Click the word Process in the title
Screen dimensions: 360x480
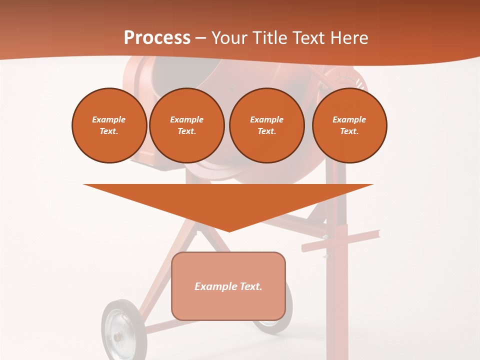pos(157,37)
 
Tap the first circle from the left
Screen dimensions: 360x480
pos(109,125)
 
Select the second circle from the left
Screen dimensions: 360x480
pos(186,125)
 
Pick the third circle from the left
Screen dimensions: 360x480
pos(266,125)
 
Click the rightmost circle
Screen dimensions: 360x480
pos(349,125)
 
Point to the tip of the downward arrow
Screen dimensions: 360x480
pos(229,230)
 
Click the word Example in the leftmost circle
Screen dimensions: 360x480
pos(109,119)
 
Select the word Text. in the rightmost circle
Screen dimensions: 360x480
pos(349,131)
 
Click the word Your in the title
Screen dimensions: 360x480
pos(229,37)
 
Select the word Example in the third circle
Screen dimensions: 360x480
pos(266,119)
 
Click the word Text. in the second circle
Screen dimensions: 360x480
pos(186,131)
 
